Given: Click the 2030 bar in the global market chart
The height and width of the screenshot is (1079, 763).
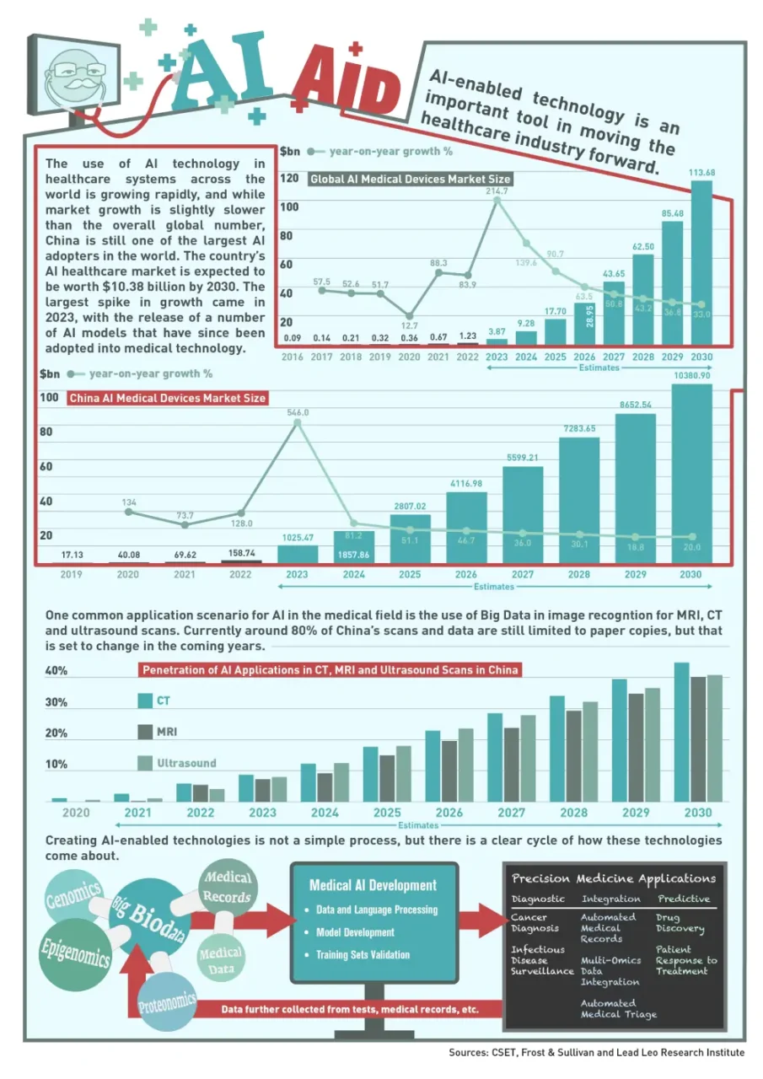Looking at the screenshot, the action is pos(701,262).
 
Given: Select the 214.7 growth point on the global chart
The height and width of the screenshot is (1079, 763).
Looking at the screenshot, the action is pos(497,201).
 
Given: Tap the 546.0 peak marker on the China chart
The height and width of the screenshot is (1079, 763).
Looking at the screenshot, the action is pos(298,422).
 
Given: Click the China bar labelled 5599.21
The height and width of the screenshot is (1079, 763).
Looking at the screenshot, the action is pos(523,514).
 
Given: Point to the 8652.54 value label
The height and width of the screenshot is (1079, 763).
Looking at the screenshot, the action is pos(636,405).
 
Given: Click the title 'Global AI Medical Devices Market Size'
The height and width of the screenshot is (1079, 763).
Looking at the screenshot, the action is pos(410,180).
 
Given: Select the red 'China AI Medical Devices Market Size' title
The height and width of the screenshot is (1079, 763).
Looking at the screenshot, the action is pos(167,398).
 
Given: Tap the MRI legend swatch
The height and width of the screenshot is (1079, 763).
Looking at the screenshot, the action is pos(145,732).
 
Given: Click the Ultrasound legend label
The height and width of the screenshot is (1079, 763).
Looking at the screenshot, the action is pos(186,763).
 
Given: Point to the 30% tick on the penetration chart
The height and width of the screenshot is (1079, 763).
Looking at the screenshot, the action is pos(56,702).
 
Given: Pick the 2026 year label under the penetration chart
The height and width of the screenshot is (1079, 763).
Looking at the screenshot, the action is pos(449,813).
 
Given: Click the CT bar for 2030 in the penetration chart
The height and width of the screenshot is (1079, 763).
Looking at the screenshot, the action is pos(681,732).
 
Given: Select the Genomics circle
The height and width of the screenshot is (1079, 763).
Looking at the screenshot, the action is pos(73,897).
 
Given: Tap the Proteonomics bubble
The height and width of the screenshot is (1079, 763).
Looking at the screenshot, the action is pos(167,1002).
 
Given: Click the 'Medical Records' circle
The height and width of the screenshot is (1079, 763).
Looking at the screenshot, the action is pos(228,888).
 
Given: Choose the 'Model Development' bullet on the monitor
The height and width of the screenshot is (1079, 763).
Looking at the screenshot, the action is pos(355,932).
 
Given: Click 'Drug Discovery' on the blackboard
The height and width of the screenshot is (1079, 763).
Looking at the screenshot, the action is pos(680,922).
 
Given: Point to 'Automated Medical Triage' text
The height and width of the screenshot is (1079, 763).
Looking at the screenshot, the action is pos(619,1009).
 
